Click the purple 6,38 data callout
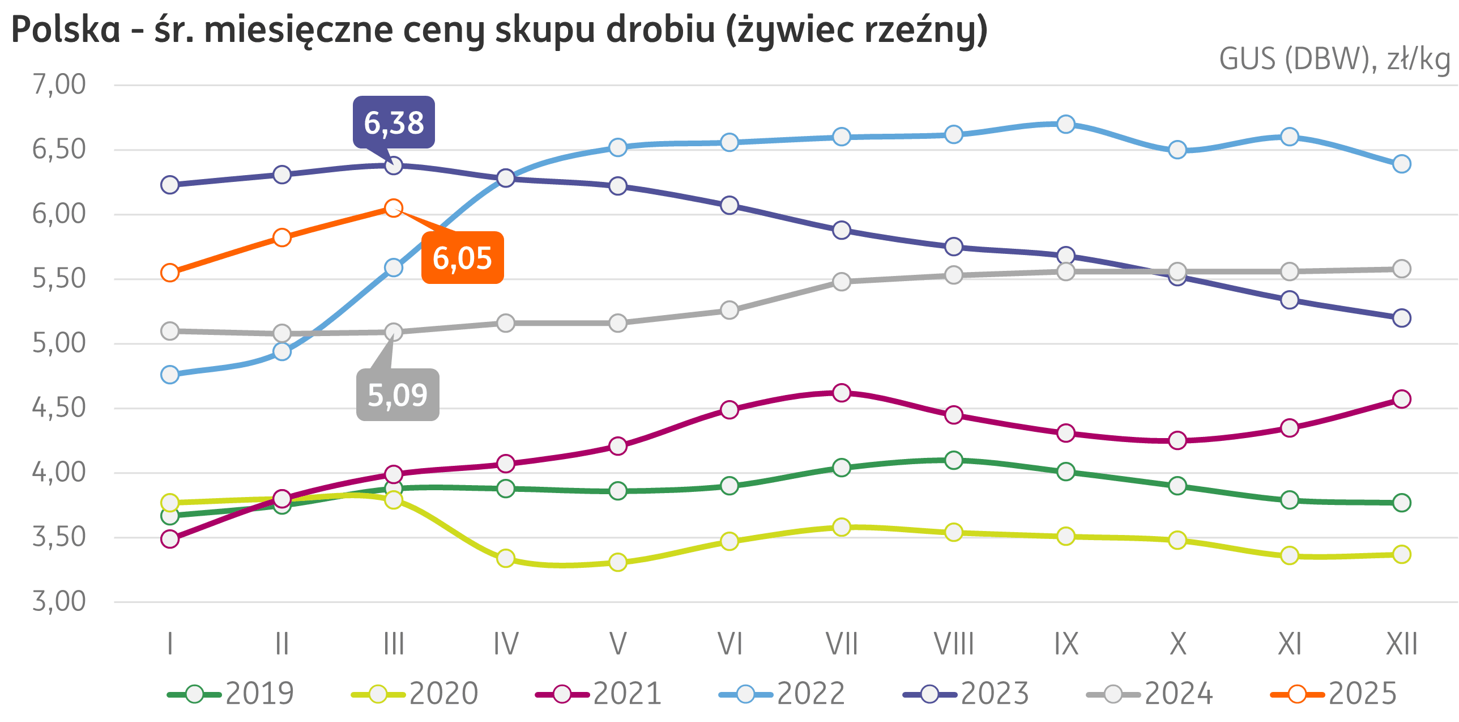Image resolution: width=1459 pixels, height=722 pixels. coord(394,122)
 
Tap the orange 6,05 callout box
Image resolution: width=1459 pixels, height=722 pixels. coord(462,258)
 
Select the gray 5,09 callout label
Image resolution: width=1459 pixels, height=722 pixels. coord(398,395)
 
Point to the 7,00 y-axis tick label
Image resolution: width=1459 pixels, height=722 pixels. coord(59,85)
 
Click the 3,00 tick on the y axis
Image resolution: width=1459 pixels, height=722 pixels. coord(59,601)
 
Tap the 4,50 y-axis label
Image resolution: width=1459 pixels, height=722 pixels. coord(59,408)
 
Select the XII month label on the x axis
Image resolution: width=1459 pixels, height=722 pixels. coord(1401,644)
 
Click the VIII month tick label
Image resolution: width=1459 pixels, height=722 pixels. coord(953,644)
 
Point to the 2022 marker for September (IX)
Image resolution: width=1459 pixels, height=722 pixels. coord(1066,124)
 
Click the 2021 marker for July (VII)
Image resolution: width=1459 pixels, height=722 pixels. coord(842,393)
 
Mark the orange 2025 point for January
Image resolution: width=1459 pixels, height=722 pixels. coord(170,273)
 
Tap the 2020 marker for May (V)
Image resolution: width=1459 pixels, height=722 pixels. coord(618,562)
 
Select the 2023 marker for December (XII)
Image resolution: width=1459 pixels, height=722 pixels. coord(1401,318)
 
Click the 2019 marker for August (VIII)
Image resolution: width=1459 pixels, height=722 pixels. coord(954,460)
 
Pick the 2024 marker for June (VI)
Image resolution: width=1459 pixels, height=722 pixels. coord(730,311)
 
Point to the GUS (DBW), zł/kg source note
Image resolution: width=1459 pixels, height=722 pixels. coord(1334,60)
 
